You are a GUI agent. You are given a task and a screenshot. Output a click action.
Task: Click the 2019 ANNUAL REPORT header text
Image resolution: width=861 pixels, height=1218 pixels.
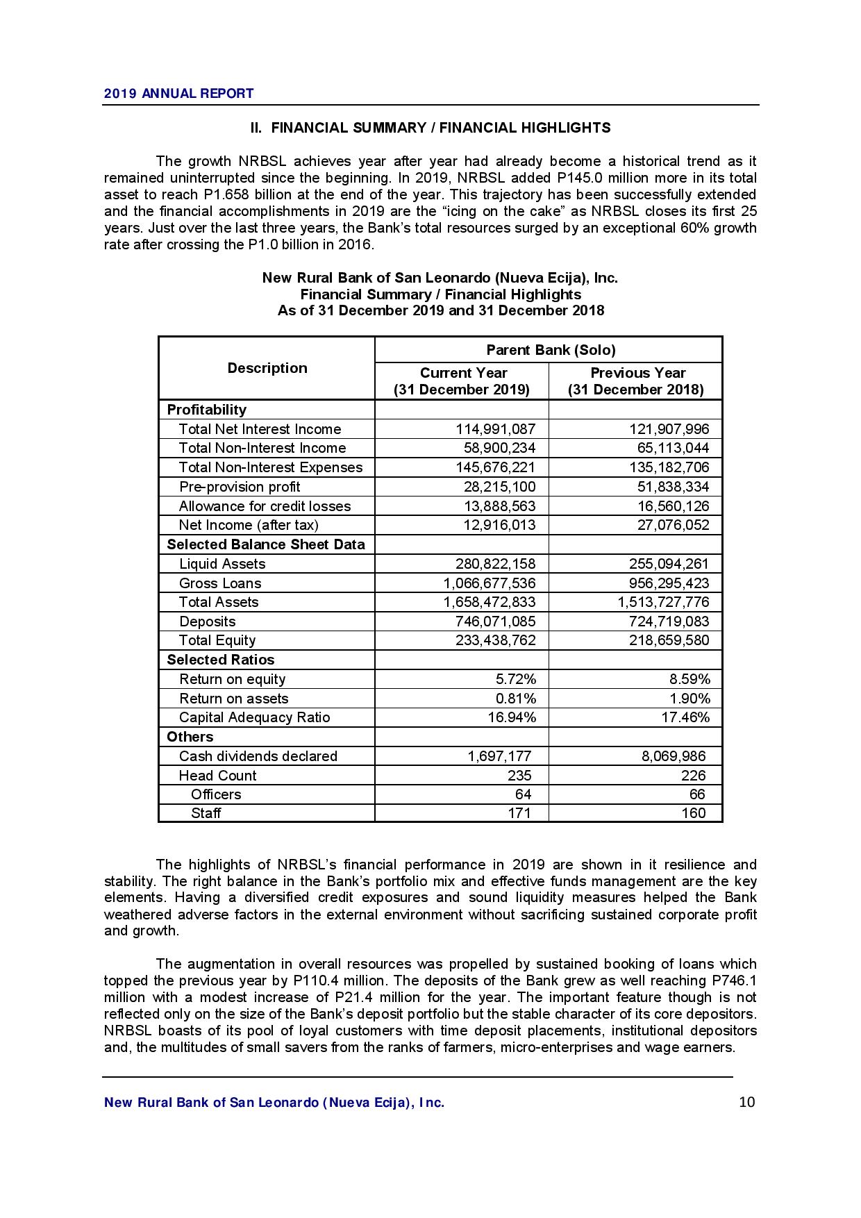178,94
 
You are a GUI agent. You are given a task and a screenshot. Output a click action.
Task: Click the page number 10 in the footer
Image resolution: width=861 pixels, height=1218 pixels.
747,1102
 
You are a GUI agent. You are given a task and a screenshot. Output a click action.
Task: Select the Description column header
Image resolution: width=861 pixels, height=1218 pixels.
267,368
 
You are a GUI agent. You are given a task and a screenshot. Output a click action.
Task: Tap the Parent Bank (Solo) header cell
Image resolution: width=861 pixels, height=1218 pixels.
551,350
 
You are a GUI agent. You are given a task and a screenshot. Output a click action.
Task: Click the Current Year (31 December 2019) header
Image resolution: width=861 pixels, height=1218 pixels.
462,381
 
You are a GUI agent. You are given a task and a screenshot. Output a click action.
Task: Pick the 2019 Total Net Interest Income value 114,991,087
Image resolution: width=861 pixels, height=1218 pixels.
495,429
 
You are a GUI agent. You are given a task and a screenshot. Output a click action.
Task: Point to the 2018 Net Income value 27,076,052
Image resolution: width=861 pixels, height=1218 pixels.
673,525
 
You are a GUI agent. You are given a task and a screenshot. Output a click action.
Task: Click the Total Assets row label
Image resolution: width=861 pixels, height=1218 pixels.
219,602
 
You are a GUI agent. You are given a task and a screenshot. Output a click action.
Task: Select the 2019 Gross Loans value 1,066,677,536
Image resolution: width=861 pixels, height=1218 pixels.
490,583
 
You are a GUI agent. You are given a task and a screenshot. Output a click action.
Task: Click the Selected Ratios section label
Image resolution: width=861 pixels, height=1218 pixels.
221,660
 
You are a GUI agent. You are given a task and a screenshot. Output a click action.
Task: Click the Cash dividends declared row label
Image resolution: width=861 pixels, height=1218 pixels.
258,756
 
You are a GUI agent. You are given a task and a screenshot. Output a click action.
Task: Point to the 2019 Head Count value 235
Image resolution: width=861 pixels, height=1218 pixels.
519,776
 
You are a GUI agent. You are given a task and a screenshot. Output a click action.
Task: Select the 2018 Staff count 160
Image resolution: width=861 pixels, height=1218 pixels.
693,813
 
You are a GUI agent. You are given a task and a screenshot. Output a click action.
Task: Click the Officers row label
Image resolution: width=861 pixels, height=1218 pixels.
216,794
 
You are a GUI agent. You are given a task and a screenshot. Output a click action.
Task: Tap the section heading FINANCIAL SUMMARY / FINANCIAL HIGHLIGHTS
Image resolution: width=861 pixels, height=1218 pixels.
430,128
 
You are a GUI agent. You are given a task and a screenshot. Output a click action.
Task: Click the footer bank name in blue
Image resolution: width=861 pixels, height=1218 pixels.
274,1103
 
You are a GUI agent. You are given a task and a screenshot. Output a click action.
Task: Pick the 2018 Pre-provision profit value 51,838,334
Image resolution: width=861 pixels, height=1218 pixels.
673,487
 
